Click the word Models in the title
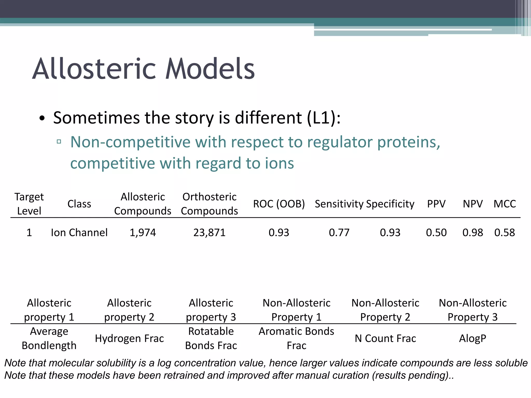(x=210, y=69)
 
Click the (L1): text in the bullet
(x=324, y=118)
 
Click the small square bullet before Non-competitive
(x=59, y=141)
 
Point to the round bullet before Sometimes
(x=42, y=119)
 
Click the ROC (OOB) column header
(x=279, y=204)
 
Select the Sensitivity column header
(x=339, y=204)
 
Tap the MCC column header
(x=504, y=204)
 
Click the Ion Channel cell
(x=79, y=232)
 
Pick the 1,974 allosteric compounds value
(x=143, y=232)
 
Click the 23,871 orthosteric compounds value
(x=209, y=232)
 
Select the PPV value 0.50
(x=436, y=232)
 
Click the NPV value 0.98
(x=472, y=232)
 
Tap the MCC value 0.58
(x=504, y=232)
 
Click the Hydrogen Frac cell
(x=129, y=338)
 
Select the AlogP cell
(x=472, y=338)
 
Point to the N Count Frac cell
(x=385, y=338)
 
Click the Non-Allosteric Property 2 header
(x=385, y=310)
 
